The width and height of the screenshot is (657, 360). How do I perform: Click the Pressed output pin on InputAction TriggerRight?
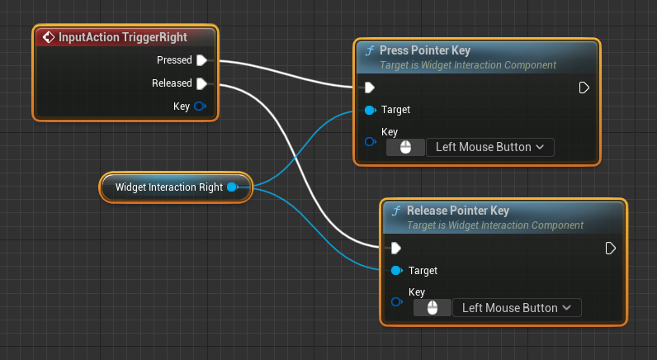pyautogui.click(x=201, y=60)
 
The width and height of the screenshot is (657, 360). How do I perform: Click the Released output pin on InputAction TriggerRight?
pyautogui.click(x=201, y=83)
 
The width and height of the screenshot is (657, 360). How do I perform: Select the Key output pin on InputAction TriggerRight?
pyautogui.click(x=201, y=107)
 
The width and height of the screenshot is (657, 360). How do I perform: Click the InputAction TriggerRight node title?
pyautogui.click(x=122, y=37)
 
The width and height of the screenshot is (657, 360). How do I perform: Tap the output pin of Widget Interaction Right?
pyautogui.click(x=232, y=187)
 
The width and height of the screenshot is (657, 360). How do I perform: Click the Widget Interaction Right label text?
pyautogui.click(x=168, y=187)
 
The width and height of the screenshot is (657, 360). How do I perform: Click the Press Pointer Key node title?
pyautogui.click(x=425, y=51)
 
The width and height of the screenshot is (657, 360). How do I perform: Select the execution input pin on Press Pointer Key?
pyautogui.click(x=370, y=88)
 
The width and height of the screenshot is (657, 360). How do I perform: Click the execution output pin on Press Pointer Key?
pyautogui.click(x=584, y=88)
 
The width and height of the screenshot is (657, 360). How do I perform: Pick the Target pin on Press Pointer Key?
pyautogui.click(x=370, y=110)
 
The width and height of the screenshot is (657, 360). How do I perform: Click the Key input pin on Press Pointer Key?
pyautogui.click(x=370, y=142)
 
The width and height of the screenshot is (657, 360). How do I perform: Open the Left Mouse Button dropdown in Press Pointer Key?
pyautogui.click(x=489, y=148)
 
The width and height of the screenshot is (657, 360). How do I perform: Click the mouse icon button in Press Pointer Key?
pyautogui.click(x=405, y=148)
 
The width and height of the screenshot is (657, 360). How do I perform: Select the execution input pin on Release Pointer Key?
pyautogui.click(x=396, y=248)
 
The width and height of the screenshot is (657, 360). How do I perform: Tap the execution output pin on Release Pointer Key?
pyautogui.click(x=610, y=248)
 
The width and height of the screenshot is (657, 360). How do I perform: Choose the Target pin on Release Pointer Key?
pyautogui.click(x=396, y=271)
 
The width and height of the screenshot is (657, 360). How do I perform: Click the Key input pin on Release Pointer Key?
pyautogui.click(x=396, y=302)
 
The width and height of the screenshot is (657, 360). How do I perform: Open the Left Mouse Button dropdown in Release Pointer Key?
pyautogui.click(x=517, y=308)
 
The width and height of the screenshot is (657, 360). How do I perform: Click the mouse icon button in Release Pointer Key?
pyautogui.click(x=432, y=308)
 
